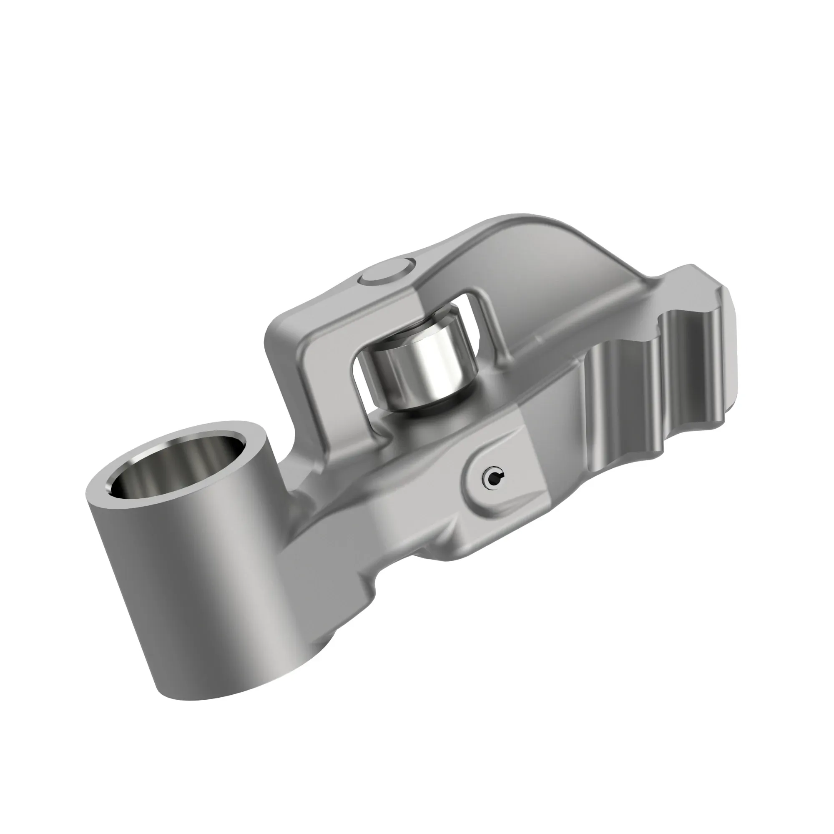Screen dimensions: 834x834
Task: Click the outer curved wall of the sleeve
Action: (x=216, y=583)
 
